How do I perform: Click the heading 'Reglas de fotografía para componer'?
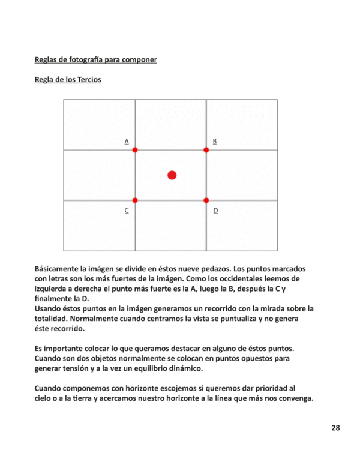pos(96,60)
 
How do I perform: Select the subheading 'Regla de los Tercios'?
pos(68,80)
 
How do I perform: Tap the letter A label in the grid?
pos(127,142)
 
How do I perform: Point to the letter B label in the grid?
pos(215,142)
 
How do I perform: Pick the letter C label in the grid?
pos(127,211)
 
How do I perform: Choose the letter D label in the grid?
pos(215,211)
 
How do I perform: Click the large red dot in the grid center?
pos(172,175)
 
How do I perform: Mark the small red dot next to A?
pos(135,149)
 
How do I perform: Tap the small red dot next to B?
pos(206,149)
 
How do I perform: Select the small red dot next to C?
pos(135,200)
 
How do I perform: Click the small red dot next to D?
pos(206,200)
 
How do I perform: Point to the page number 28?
pos(335,428)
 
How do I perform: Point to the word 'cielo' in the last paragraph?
pos(45,398)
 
